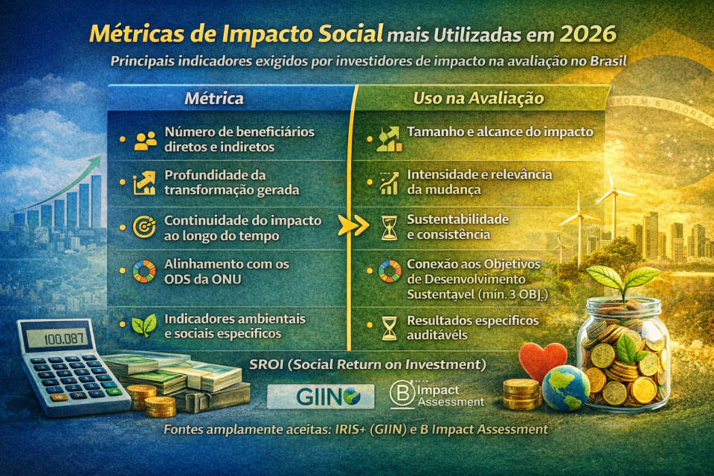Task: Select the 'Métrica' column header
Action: click(213, 97)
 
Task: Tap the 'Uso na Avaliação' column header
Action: click(468, 97)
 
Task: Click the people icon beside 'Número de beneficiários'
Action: click(145, 139)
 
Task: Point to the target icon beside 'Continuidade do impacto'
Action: click(144, 227)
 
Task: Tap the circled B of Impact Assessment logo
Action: click(402, 396)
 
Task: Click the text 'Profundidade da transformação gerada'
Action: click(232, 182)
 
